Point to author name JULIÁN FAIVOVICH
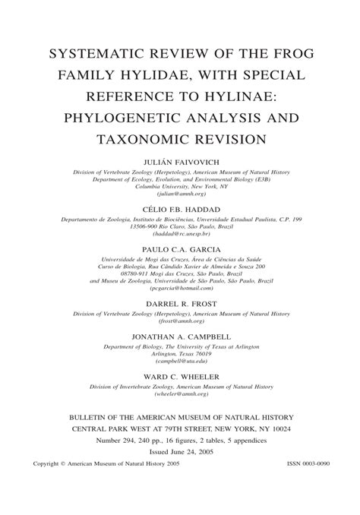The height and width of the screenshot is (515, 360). click(180, 162)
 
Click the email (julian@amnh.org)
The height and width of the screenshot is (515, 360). click(180, 194)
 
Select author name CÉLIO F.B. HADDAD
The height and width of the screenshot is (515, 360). click(180, 209)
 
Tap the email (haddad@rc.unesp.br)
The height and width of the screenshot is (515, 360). click(180, 235)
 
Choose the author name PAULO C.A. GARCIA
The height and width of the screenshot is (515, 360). click(180, 249)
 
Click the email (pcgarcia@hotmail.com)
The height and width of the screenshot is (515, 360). click(180, 288)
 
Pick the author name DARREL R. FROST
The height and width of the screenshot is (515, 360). click(180, 302)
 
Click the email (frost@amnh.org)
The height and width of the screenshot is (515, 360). click(180, 321)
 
